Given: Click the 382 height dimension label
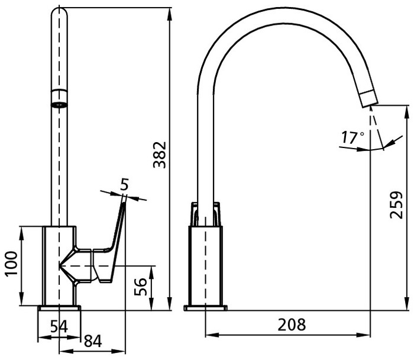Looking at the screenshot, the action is tap(160, 155).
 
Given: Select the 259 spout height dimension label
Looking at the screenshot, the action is tap(396, 205).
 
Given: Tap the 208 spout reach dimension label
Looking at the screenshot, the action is tap(292, 324).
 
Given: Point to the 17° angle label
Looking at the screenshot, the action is tap(353, 137).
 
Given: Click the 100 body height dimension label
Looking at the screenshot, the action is tap(12, 264).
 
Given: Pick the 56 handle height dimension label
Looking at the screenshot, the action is tap(140, 287).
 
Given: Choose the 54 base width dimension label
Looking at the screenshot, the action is tap(59, 326).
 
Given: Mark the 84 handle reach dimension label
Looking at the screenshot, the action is tap(93, 341).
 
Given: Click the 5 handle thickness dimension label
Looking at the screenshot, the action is tap(124, 184).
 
